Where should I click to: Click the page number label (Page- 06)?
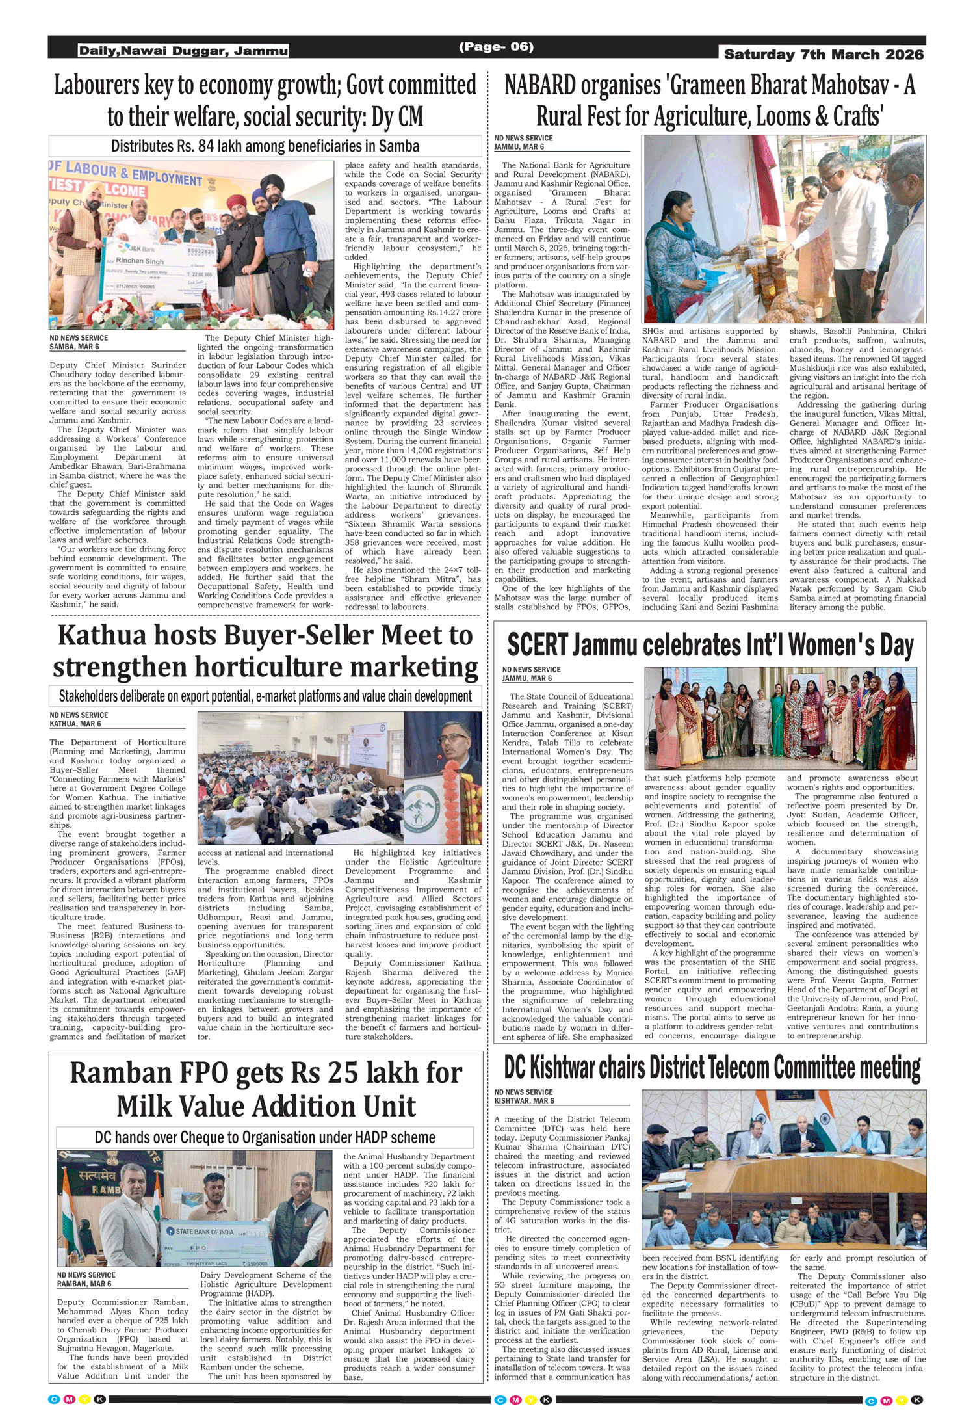496,47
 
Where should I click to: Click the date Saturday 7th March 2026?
824,55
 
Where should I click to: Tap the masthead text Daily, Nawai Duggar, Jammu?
183,51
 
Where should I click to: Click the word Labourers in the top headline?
97,86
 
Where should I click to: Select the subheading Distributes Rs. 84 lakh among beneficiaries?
265,146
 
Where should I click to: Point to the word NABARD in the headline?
540,86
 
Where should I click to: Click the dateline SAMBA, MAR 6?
74,347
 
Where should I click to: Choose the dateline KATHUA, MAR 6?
75,724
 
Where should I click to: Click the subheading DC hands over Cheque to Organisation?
265,1137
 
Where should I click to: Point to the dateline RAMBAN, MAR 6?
84,1284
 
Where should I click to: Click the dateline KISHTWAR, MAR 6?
524,1101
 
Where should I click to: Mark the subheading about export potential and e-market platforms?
265,696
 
